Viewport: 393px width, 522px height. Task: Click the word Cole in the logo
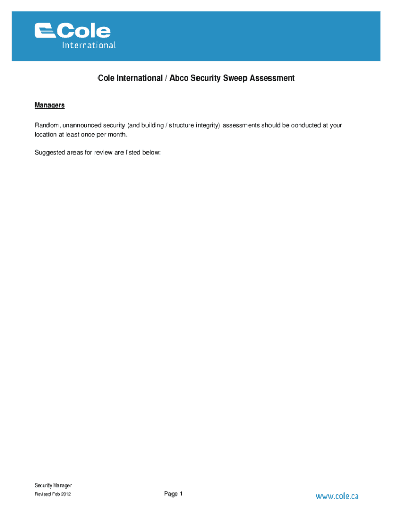[84, 32]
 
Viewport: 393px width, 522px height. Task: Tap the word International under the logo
[89, 45]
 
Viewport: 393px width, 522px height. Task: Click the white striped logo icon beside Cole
[45, 31]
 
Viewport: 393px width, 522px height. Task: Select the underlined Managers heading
[50, 106]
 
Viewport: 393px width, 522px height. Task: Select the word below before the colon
[150, 152]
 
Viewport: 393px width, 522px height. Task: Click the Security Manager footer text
[54, 485]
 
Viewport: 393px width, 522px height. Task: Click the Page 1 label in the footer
[174, 494]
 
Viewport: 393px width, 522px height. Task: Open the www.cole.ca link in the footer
[337, 496]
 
